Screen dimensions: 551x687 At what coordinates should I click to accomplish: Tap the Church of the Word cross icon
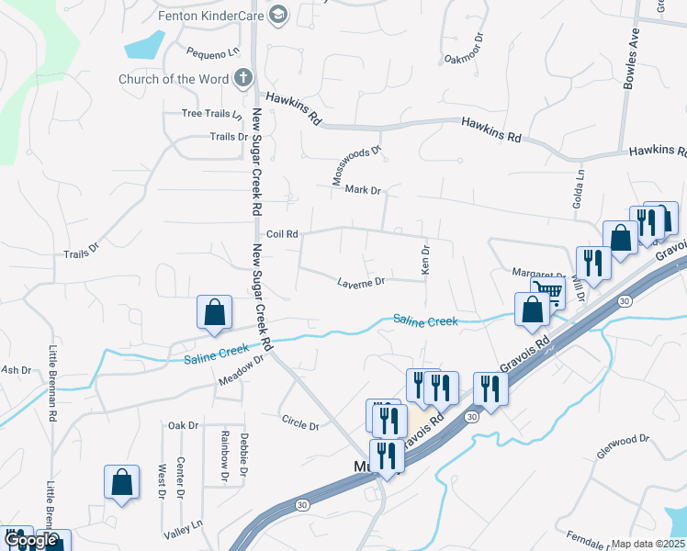(x=243, y=78)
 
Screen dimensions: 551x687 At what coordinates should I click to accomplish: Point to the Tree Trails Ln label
(x=211, y=114)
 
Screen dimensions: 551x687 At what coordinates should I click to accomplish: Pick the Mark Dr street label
(x=363, y=190)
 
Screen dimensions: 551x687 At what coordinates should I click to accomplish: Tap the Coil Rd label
(x=282, y=234)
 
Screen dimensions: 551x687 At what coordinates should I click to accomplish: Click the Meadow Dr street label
(x=241, y=368)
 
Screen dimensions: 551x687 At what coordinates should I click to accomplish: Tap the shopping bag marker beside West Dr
(x=121, y=482)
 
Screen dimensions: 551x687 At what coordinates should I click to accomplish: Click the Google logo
(x=31, y=541)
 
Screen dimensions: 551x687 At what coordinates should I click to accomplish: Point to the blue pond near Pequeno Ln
(x=144, y=43)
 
